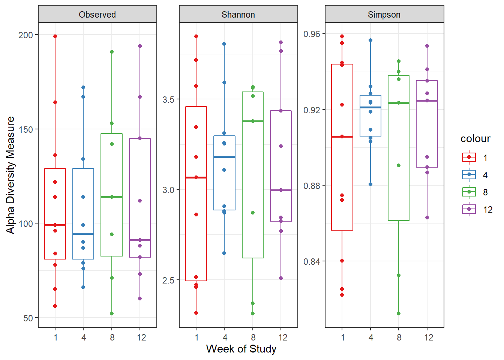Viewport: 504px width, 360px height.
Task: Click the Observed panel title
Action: click(x=97, y=15)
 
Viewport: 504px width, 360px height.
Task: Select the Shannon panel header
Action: click(x=238, y=15)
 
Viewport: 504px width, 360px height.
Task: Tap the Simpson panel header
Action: click(x=384, y=15)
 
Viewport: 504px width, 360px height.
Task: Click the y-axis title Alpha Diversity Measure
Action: click(x=10, y=175)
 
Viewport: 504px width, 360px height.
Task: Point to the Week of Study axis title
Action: click(x=241, y=349)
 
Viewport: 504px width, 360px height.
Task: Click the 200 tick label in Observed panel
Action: click(x=26, y=35)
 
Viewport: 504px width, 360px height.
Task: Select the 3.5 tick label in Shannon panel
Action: click(x=168, y=99)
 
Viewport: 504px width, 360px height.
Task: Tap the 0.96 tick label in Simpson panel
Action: click(x=312, y=34)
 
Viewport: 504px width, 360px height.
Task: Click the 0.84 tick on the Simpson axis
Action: click(x=312, y=261)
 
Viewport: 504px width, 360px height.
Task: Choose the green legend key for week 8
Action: click(x=469, y=192)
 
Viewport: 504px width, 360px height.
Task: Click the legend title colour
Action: click(x=475, y=139)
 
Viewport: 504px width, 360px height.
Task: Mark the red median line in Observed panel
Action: click(x=55, y=225)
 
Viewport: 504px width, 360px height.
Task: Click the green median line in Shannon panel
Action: click(x=253, y=121)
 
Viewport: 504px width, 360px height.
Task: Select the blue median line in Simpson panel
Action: click(x=370, y=108)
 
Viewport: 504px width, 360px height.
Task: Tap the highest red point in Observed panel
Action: click(x=55, y=36)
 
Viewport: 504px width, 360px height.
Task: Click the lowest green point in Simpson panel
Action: click(x=399, y=313)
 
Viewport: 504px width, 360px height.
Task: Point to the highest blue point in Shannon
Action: click(x=224, y=44)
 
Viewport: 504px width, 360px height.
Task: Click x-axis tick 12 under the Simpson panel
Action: click(x=428, y=337)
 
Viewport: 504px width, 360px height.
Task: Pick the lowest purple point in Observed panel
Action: click(x=140, y=298)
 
